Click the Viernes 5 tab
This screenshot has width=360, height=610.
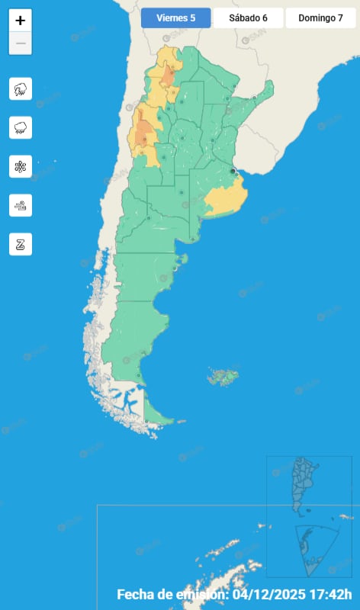tap(175, 18)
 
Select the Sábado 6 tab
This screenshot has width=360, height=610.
tap(248, 18)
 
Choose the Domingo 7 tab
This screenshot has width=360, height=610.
tap(320, 18)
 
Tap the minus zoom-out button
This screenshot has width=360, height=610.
tap(20, 43)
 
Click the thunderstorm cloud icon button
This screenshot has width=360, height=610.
tap(20, 88)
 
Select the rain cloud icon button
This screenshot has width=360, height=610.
tap(20, 127)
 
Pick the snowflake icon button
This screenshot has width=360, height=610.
tap(20, 166)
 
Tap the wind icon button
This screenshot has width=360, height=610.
tap(20, 205)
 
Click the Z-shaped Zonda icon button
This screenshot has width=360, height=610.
tap(20, 244)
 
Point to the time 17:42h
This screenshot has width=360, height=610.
tap(333, 595)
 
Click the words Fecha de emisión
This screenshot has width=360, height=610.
tap(172, 595)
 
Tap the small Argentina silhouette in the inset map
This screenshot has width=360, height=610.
tap(308, 484)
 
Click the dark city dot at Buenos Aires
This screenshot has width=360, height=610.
tap(233, 172)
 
